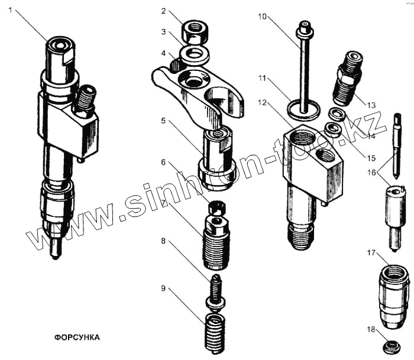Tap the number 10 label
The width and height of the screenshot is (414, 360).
click(x=262, y=16)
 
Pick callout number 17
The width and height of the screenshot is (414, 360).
click(x=371, y=253)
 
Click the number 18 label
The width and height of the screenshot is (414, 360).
click(x=371, y=331)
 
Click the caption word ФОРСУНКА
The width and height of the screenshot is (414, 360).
click(x=77, y=338)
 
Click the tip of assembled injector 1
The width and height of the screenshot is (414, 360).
click(x=55, y=255)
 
